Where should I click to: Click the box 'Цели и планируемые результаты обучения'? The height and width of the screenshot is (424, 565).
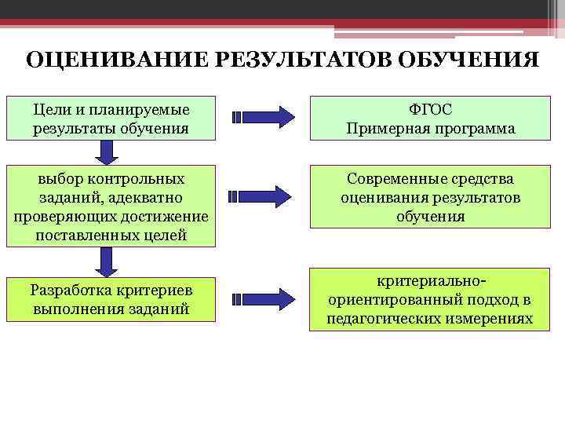coord(111,118)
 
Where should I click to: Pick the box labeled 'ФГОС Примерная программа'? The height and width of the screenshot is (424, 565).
coord(431,118)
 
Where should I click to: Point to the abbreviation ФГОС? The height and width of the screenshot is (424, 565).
coord(431,108)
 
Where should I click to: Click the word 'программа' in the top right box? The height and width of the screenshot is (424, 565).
coord(473,128)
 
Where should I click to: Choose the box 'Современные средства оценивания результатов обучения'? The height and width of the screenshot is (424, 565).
coord(431,197)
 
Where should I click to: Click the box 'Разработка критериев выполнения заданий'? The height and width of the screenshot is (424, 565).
coord(111,298)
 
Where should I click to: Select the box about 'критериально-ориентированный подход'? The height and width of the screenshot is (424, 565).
coord(431,299)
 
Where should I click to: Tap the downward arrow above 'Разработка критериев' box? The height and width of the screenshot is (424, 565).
coord(102,261)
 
